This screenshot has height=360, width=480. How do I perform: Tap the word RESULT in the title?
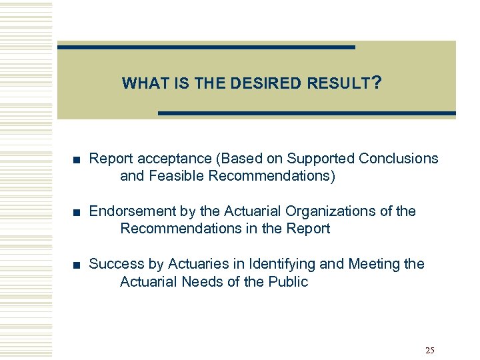(x=338, y=84)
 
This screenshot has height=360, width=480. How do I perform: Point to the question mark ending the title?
(x=377, y=83)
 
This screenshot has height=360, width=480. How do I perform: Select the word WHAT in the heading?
(x=141, y=84)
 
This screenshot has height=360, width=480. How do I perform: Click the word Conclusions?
(x=399, y=159)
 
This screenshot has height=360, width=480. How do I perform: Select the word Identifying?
(x=281, y=264)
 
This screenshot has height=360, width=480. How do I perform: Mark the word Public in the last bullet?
(x=287, y=281)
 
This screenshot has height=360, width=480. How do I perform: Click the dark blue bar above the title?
(x=206, y=47)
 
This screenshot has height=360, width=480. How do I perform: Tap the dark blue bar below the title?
(x=307, y=114)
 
